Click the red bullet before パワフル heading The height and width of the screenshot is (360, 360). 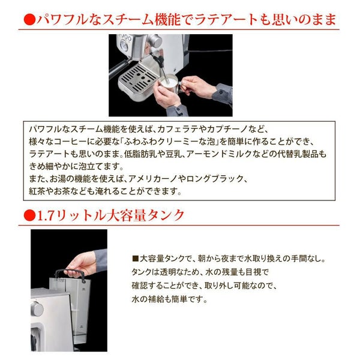[29, 20]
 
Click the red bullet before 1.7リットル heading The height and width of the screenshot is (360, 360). [29, 215]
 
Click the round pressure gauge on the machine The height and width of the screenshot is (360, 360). [124, 46]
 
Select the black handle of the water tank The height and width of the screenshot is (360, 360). [70, 274]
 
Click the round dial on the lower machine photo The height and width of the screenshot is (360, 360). [37, 308]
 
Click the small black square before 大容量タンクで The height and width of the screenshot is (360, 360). [135, 259]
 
